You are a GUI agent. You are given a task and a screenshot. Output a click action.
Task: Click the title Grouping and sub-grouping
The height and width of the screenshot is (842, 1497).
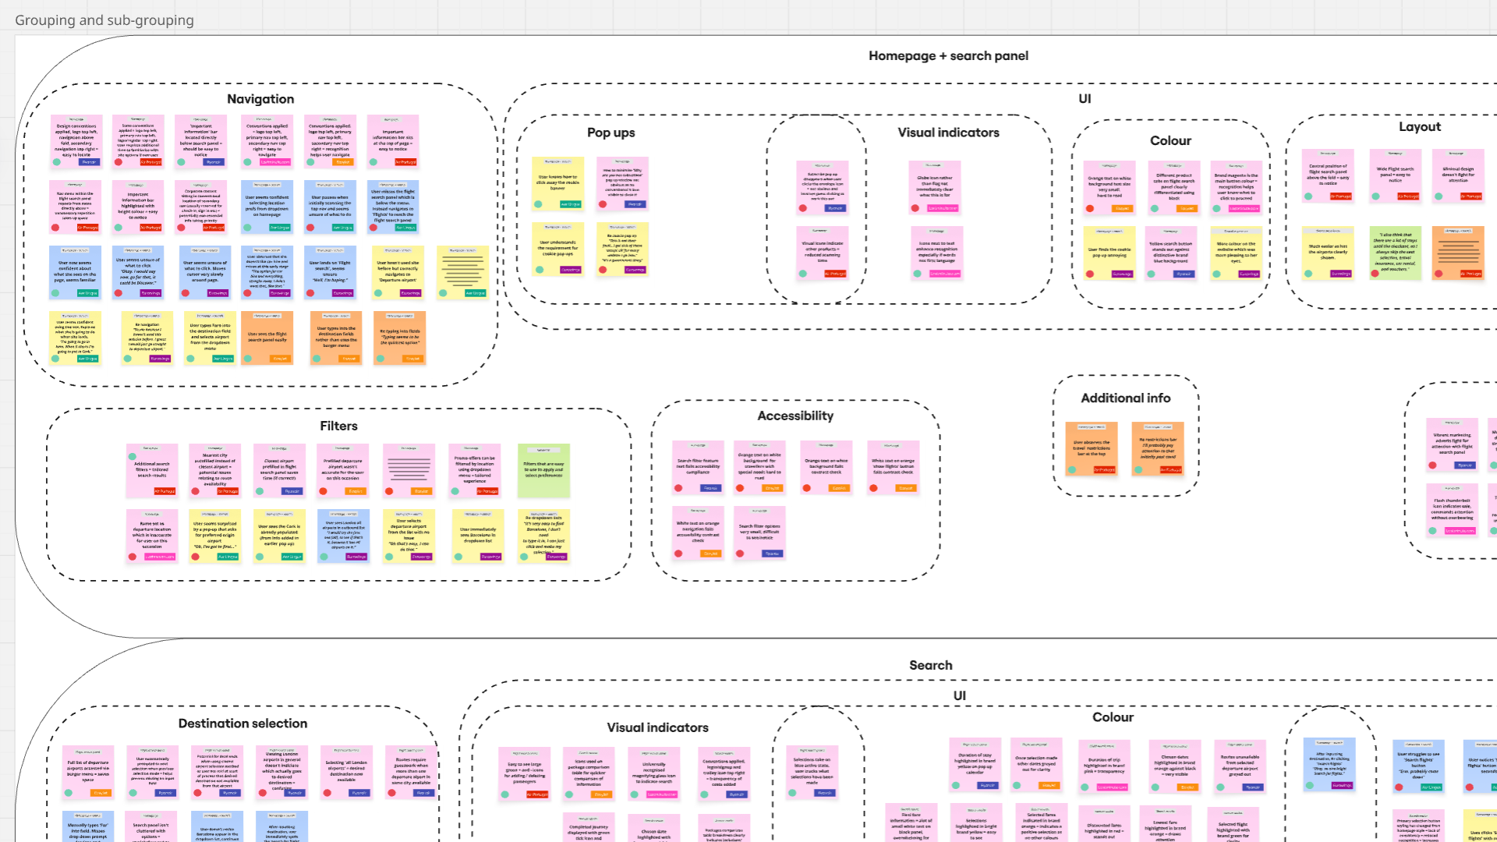pos(104,20)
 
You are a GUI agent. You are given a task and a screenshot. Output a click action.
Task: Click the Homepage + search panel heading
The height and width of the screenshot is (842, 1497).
pos(948,56)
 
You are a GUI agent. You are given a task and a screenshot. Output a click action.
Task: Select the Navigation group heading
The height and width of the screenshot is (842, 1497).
pos(260,99)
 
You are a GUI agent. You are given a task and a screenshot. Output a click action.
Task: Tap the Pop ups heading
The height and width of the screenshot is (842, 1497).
pos(610,133)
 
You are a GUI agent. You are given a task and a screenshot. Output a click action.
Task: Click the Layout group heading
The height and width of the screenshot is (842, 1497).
pos(1419,127)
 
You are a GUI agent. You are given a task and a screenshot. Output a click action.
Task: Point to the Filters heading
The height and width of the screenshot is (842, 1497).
pos(338,426)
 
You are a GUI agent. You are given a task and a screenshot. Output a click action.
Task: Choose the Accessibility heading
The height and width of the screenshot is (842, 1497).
pos(795,416)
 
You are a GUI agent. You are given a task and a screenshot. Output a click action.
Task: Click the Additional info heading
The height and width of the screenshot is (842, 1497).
pos(1125,398)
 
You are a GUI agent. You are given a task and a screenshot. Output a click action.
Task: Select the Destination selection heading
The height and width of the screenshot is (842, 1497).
pos(242,723)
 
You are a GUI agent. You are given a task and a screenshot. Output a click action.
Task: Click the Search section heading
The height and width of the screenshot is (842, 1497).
pos(930,666)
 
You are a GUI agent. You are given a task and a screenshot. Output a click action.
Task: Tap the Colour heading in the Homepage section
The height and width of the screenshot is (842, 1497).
pos(1170,141)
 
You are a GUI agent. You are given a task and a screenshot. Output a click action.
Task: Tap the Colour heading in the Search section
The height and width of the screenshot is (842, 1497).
pos(1113,717)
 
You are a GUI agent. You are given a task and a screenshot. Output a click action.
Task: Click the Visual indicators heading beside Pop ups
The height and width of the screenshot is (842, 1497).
pos(948,133)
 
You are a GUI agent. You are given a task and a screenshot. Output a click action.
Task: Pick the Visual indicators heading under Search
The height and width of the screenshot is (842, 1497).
pos(657,728)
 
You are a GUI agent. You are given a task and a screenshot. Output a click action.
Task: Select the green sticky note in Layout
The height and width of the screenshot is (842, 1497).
pos(1395,253)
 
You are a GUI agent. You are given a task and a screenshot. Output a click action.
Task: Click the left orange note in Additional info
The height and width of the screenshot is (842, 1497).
pos(1091,448)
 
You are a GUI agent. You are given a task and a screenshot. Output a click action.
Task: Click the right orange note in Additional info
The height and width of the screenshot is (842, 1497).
pos(1157,448)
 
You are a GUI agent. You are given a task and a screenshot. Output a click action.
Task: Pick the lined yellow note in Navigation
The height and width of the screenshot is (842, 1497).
pos(463,271)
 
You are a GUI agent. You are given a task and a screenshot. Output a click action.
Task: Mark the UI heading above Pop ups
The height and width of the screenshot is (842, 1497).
pos(1085,99)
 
